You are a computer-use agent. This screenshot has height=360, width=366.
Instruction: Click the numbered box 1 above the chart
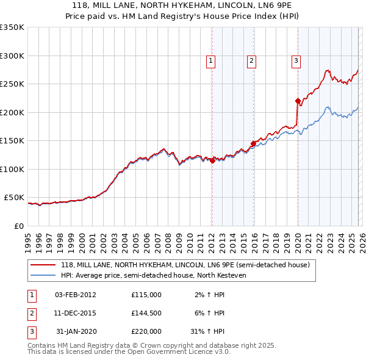(210, 60)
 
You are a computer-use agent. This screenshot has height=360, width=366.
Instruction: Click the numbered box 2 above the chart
(251, 60)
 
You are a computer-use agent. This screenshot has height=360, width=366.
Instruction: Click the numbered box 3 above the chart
(296, 60)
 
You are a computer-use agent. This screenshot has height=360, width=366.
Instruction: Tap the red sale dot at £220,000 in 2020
(298, 101)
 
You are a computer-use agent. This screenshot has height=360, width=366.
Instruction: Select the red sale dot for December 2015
(253, 144)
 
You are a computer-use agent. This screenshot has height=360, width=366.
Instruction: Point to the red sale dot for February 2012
(212, 160)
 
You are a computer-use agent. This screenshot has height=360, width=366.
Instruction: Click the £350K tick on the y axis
(12, 27)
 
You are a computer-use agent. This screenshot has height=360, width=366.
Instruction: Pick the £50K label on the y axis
(14, 198)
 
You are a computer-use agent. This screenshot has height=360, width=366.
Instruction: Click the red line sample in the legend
(43, 265)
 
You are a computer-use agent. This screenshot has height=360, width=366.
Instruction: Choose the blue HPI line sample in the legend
(43, 275)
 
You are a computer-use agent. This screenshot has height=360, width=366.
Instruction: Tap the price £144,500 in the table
(146, 313)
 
